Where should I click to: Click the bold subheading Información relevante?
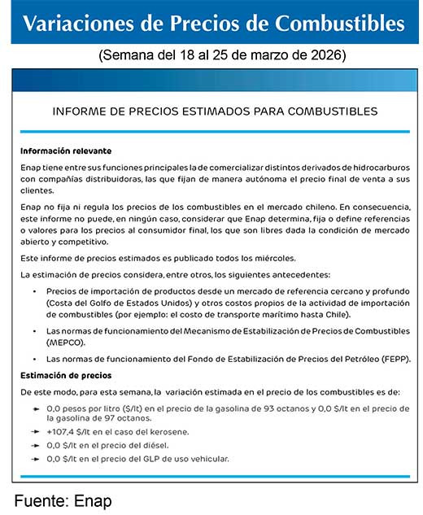pos(66,151)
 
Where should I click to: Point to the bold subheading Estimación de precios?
pos(66,375)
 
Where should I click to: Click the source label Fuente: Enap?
pos(63,500)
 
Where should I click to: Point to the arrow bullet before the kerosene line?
pos(36,431)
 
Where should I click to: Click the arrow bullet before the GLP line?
pos(36,459)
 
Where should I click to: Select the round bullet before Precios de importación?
pos(35,291)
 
